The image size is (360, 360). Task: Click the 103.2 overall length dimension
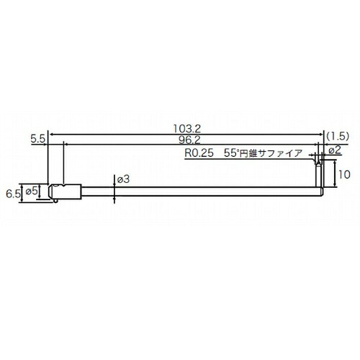pyautogui.click(x=186, y=129)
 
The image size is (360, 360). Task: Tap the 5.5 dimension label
pyautogui.click(x=38, y=139)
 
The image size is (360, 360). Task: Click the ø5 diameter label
pyautogui.click(x=32, y=192)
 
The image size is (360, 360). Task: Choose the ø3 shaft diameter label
pyautogui.click(x=123, y=179)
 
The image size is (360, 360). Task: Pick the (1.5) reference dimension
pyautogui.click(x=337, y=136)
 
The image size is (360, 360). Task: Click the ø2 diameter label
pyautogui.click(x=335, y=150)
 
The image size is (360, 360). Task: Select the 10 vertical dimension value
pyautogui.click(x=344, y=174)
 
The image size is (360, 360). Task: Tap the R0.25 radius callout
pyautogui.click(x=199, y=153)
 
